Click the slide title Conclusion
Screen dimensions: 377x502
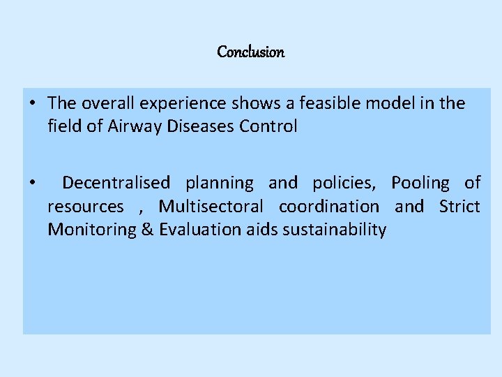(251, 52)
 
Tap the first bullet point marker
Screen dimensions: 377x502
(33, 104)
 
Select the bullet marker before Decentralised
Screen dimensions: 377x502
(33, 184)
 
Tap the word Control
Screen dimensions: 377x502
(271, 127)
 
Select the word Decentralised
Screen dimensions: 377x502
(116, 183)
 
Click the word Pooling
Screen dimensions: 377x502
(420, 183)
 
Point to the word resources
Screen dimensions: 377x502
(86, 207)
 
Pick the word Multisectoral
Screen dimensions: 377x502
(211, 207)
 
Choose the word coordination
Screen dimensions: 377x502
(329, 207)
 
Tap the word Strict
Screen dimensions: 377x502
(459, 207)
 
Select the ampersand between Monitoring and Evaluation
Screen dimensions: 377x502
(148, 230)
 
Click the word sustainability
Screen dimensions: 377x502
(335, 230)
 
